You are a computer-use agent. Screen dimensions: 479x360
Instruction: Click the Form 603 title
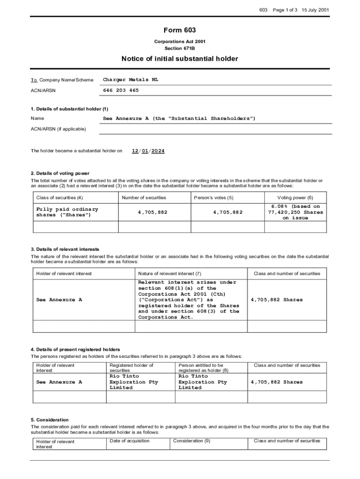(x=180, y=31)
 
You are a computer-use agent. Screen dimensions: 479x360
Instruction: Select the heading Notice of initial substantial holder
(x=180, y=59)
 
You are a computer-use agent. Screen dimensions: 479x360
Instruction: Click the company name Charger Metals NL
(x=130, y=80)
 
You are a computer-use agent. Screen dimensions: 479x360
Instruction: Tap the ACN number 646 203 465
(x=121, y=90)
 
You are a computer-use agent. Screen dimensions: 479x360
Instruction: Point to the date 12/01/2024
(x=148, y=151)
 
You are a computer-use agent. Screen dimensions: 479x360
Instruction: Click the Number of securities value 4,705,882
(x=152, y=212)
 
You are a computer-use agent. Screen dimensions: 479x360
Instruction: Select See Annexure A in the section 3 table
(x=59, y=300)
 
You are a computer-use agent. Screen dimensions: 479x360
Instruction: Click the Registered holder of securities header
(x=131, y=368)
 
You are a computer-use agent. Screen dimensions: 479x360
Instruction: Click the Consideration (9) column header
(x=192, y=441)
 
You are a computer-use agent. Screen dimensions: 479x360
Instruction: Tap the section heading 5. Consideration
(x=50, y=420)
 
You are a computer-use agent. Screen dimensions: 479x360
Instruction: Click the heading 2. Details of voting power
(x=60, y=174)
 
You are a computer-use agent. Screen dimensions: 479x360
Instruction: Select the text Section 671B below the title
(x=180, y=48)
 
